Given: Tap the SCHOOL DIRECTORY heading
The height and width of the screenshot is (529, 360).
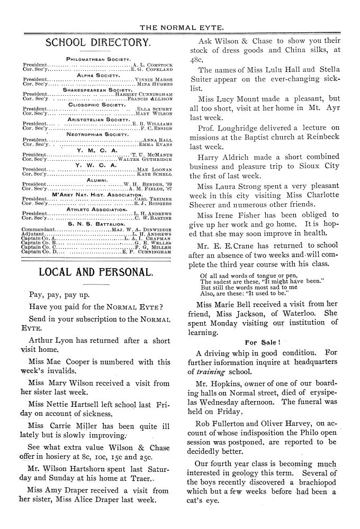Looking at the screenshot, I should (x=98, y=42).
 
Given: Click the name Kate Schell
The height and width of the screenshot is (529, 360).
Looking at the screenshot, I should (x=155, y=174).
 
